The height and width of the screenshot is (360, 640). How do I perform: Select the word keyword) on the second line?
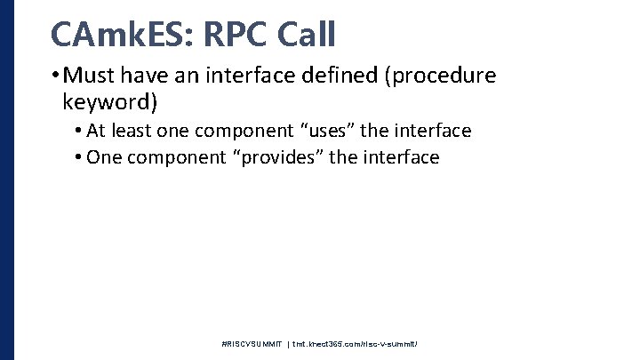pos(109,102)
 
